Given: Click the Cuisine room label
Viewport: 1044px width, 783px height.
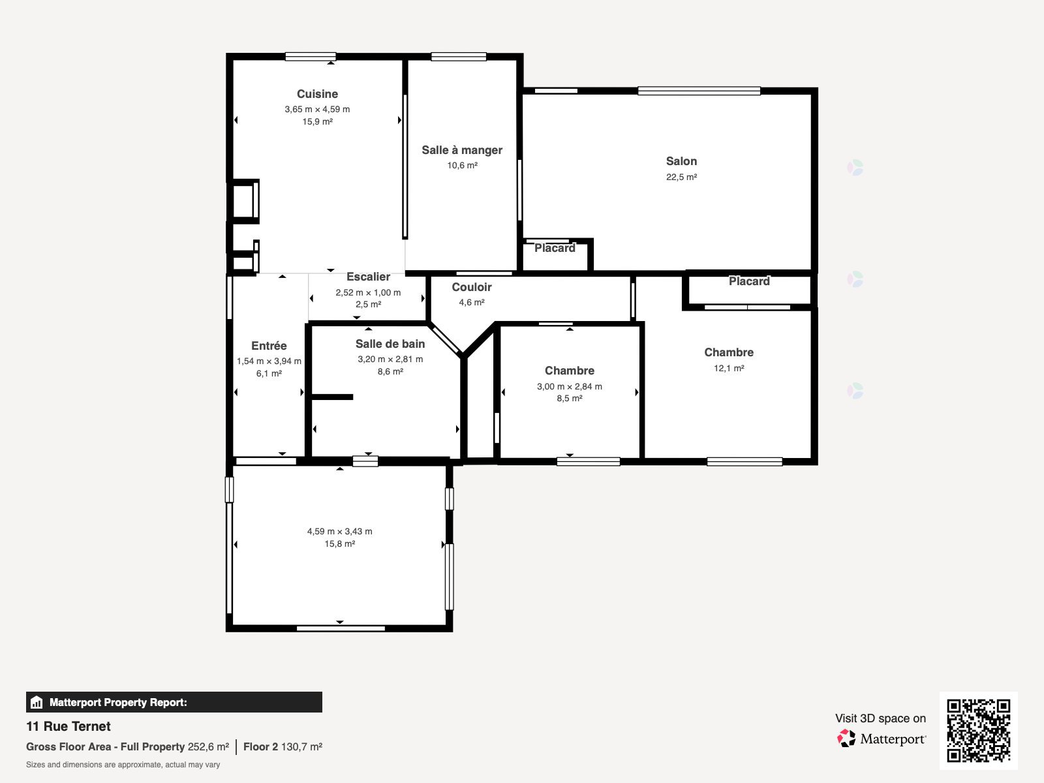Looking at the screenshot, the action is [x=317, y=94].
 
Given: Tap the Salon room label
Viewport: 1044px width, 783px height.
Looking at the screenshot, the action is [x=681, y=161].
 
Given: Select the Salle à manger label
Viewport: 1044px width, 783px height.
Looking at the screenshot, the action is [x=462, y=150].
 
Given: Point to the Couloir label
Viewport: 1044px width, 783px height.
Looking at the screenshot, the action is [x=471, y=287].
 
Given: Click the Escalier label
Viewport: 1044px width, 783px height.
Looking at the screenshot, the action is [x=368, y=277].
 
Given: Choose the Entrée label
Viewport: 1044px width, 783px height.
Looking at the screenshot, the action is [x=269, y=346].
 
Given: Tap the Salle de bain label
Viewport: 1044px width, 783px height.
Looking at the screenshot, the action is [x=390, y=344].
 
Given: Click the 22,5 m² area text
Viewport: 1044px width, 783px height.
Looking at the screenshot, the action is [x=681, y=177].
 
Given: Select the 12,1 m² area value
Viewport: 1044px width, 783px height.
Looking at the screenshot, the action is [x=729, y=368].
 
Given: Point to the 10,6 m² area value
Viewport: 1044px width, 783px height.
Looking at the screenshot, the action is [x=462, y=166].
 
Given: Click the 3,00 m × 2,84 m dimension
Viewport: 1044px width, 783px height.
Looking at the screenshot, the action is [x=570, y=386].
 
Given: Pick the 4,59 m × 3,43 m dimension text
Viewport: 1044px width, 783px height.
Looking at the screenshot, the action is [x=339, y=532].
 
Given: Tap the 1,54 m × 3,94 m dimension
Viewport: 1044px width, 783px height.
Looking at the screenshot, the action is [x=269, y=361].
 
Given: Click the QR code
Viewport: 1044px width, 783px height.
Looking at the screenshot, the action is [x=978, y=730].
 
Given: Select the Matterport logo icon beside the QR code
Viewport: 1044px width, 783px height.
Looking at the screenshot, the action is [x=846, y=739].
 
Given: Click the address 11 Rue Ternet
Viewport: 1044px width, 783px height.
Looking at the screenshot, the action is [x=68, y=726].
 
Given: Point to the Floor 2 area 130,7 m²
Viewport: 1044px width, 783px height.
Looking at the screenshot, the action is [x=283, y=747].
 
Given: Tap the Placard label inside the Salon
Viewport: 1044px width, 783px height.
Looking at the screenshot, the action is [x=555, y=248].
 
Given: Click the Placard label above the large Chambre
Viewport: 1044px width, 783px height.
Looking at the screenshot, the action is [x=749, y=281].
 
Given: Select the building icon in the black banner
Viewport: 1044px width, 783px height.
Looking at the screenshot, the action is [x=36, y=702].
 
